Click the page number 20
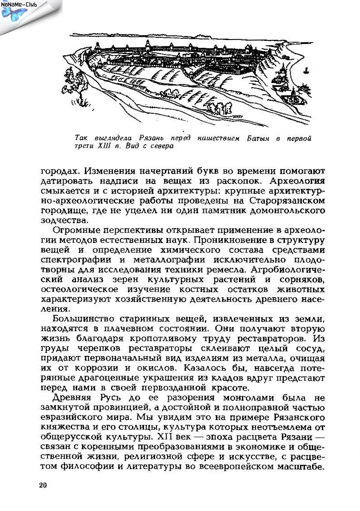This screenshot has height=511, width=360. (43, 485)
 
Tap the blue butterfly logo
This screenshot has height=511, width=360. (14, 13)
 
